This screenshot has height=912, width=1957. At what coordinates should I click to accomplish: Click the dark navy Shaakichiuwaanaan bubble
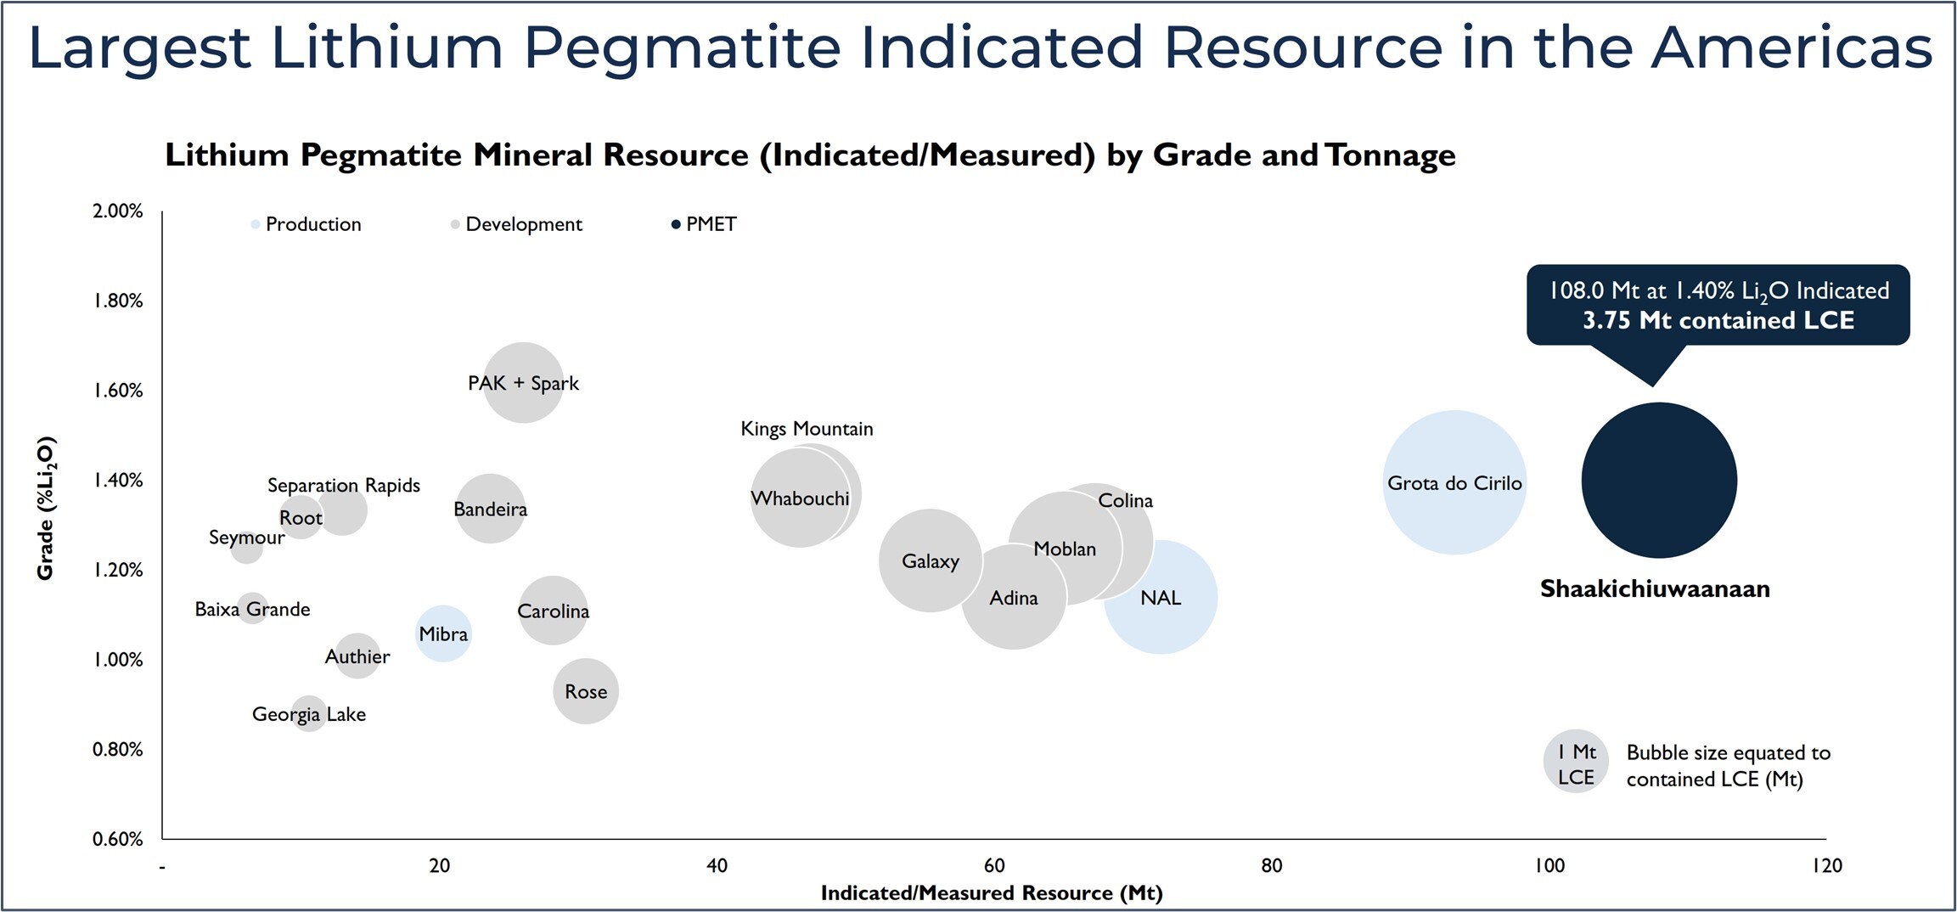(1659, 480)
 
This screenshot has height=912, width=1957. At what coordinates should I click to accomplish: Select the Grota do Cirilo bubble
(1454, 482)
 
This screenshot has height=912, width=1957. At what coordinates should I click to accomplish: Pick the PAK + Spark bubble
(523, 383)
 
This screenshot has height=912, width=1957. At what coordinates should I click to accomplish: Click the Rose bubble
(586, 691)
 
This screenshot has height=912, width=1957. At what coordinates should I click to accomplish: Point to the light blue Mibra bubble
(443, 633)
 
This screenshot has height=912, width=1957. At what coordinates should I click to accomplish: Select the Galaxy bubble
(930, 560)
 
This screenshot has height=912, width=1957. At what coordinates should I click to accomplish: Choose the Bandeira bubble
(490, 509)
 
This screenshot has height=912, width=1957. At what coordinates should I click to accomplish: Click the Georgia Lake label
(309, 714)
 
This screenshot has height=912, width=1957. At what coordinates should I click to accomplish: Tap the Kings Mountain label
(807, 429)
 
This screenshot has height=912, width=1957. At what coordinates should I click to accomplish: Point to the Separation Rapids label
(344, 485)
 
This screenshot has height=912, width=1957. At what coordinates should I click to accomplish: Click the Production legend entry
(312, 224)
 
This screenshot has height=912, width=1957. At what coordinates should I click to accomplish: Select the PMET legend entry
(711, 224)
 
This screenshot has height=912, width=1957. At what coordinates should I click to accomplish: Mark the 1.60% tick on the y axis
(118, 391)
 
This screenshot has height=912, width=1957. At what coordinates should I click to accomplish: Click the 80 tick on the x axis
(1271, 865)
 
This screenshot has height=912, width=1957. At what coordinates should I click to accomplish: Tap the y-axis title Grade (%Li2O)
(45, 508)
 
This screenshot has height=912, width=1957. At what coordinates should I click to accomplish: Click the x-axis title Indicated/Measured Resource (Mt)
(991, 892)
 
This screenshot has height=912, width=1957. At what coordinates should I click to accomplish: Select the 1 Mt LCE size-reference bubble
(1576, 761)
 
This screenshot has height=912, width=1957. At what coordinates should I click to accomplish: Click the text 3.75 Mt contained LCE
(1718, 321)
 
